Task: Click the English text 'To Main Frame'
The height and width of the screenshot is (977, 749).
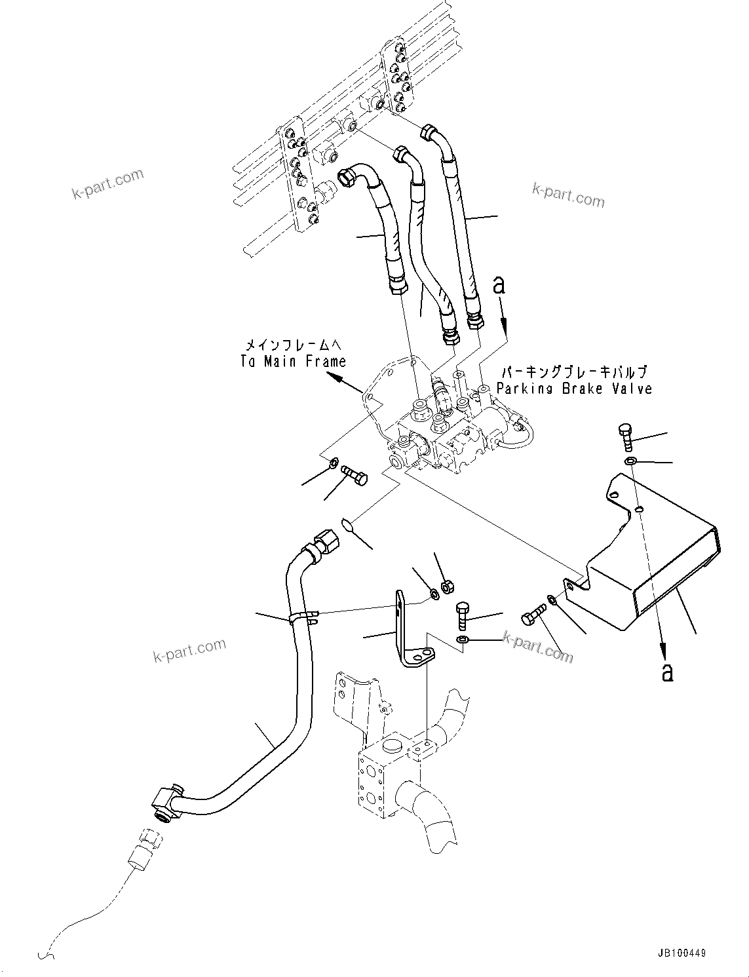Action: [292, 361]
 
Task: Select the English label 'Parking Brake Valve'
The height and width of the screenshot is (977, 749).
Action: [574, 389]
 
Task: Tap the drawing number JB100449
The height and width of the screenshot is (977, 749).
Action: [680, 954]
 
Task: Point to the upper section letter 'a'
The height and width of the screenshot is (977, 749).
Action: [500, 285]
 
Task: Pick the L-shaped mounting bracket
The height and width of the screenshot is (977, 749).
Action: [406, 632]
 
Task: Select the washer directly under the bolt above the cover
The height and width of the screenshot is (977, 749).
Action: [630, 461]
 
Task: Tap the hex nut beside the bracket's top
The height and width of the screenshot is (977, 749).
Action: [448, 585]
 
